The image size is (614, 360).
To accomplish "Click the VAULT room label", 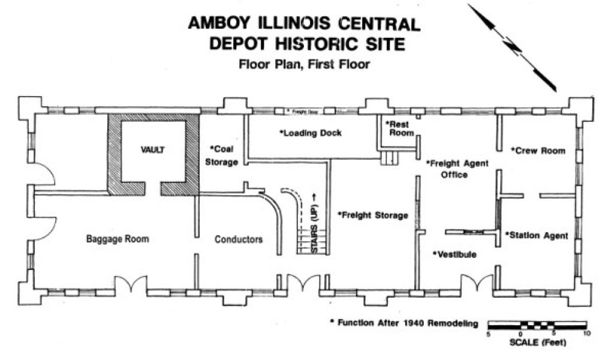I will (x=153, y=150).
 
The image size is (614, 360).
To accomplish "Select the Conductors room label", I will (x=239, y=239).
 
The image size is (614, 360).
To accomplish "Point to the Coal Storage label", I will (x=223, y=155).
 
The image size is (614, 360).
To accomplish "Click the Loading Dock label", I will (x=311, y=133).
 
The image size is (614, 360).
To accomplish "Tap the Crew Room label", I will (x=538, y=151).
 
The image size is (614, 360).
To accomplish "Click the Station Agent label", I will (x=536, y=235).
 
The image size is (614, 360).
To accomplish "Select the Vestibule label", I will (x=455, y=254).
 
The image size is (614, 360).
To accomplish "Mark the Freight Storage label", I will (x=373, y=215).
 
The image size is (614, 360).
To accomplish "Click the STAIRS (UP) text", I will (x=314, y=223).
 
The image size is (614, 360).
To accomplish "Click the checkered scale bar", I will (x=537, y=325).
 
